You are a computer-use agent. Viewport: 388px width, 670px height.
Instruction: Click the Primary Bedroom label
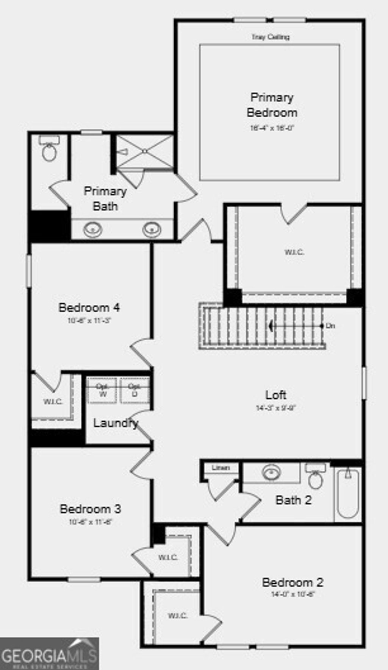[272, 105]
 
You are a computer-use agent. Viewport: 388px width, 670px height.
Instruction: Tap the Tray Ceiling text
[271, 37]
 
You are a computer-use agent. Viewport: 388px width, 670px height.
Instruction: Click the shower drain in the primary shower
[144, 151]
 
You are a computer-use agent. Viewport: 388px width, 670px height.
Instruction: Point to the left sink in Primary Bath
[93, 229]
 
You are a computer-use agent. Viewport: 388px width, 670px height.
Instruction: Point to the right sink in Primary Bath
[152, 229]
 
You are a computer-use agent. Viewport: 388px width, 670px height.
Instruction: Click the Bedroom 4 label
[89, 307]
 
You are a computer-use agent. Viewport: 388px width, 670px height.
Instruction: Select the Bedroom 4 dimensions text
[89, 321]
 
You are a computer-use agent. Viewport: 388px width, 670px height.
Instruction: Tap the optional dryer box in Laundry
[135, 390]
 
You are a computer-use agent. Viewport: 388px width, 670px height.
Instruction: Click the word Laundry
[115, 423]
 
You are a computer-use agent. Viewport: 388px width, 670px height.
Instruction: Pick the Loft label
[275, 395]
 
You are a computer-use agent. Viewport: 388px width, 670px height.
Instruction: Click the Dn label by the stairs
[331, 326]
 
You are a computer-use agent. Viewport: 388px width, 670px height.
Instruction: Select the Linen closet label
[221, 467]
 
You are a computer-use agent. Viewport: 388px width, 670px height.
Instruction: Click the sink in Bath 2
[272, 472]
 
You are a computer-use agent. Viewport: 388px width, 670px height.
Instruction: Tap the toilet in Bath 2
[315, 478]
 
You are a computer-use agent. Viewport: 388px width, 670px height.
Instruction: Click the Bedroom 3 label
[90, 509]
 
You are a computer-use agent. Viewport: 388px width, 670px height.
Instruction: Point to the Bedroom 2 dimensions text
[293, 594]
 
